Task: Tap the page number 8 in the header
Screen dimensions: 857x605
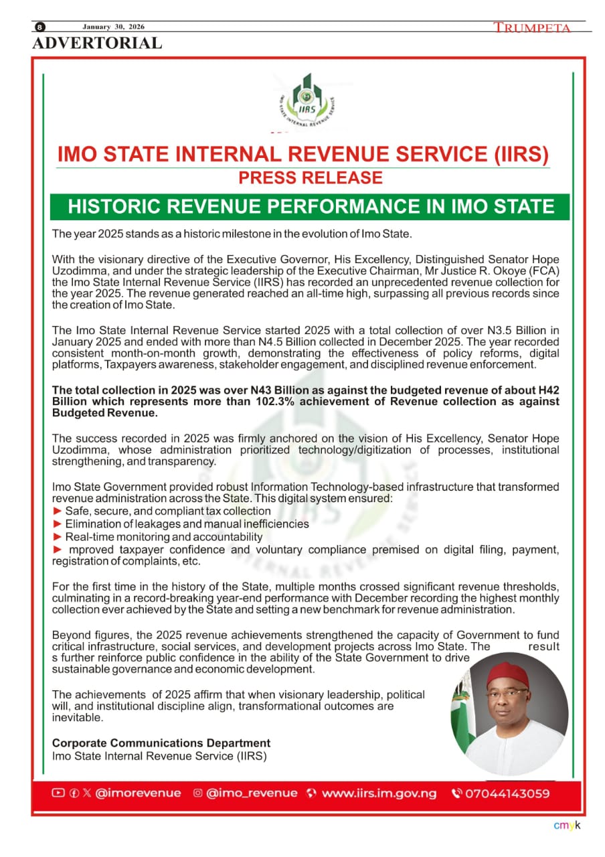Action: pyautogui.click(x=40, y=27)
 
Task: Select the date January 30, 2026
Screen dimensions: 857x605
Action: pyautogui.click(x=113, y=27)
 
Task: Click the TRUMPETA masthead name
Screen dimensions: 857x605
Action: pyautogui.click(x=532, y=27)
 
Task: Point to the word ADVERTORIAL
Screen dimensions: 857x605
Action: pyautogui.click(x=97, y=44)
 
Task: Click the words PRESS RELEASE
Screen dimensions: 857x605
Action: pyautogui.click(x=311, y=178)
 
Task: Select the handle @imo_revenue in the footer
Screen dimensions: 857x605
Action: pyautogui.click(x=251, y=793)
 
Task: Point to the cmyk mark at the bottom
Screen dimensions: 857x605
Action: pyautogui.click(x=568, y=825)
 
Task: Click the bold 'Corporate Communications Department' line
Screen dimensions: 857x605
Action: pyautogui.click(x=161, y=743)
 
